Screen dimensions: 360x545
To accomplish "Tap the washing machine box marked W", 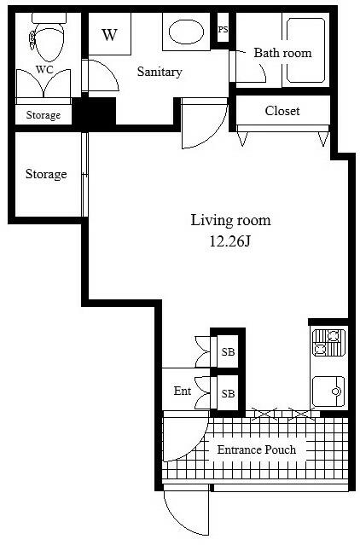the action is click(x=110, y=34).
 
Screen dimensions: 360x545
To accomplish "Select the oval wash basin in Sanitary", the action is click(x=186, y=32).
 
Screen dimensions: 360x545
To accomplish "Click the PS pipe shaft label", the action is click(x=224, y=30).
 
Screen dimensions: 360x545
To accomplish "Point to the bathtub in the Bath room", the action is click(x=305, y=50).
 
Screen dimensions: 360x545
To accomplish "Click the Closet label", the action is click(x=282, y=111).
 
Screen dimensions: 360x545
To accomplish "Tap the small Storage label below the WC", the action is click(x=44, y=115).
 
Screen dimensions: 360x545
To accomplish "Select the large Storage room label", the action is click(x=46, y=174).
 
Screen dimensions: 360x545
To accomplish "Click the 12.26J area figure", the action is click(x=229, y=241).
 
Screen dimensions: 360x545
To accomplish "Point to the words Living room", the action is click(x=230, y=220).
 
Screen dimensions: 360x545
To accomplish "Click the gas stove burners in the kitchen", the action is click(x=329, y=343).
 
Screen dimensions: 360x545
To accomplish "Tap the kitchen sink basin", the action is click(x=328, y=391).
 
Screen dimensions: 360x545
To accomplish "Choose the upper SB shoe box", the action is click(x=228, y=351).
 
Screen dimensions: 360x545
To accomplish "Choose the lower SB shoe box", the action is click(x=228, y=393).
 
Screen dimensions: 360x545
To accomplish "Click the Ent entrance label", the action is click(x=183, y=391).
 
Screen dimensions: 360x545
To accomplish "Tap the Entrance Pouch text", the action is click(x=257, y=449).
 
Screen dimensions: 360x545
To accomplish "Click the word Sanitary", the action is click(x=160, y=72).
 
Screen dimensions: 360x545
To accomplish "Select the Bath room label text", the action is click(x=282, y=53).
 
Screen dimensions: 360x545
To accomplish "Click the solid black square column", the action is click(x=94, y=111).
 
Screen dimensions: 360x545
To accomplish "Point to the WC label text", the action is click(x=44, y=70).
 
